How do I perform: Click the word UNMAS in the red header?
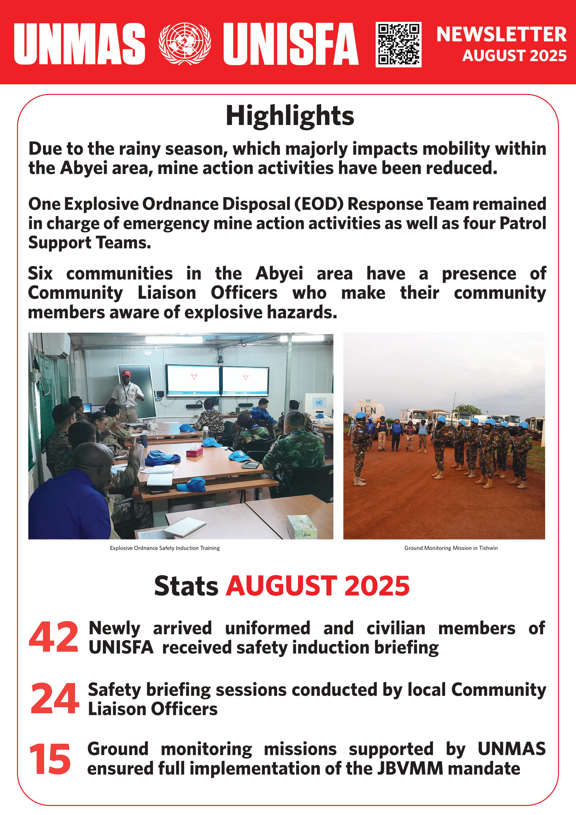(x=79, y=44)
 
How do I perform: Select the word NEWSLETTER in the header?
(x=501, y=34)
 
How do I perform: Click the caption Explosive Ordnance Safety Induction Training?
(x=165, y=548)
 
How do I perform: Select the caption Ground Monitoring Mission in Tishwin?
(x=451, y=548)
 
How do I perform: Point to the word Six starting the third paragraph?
(x=40, y=274)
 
